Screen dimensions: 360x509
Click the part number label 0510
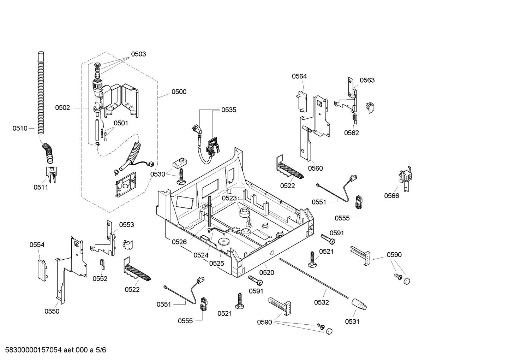tap(20, 129)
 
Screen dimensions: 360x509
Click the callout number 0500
tap(179, 92)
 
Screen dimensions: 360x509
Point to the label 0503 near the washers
tap(138, 54)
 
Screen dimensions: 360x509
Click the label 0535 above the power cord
tap(229, 110)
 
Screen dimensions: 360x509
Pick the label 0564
tap(299, 76)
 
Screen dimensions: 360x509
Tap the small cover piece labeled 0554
tap(42, 269)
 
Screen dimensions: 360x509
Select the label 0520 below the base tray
tap(267, 273)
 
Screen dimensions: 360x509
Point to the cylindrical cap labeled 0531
tap(359, 305)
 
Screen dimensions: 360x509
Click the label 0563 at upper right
tap(367, 80)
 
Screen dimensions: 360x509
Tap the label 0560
tap(315, 169)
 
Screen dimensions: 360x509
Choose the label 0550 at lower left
tap(52, 311)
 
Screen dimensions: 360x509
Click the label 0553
tap(126, 225)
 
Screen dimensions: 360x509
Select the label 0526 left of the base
tap(179, 242)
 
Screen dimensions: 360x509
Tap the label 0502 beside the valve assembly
tap(62, 108)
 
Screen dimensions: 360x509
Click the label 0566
tap(391, 196)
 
